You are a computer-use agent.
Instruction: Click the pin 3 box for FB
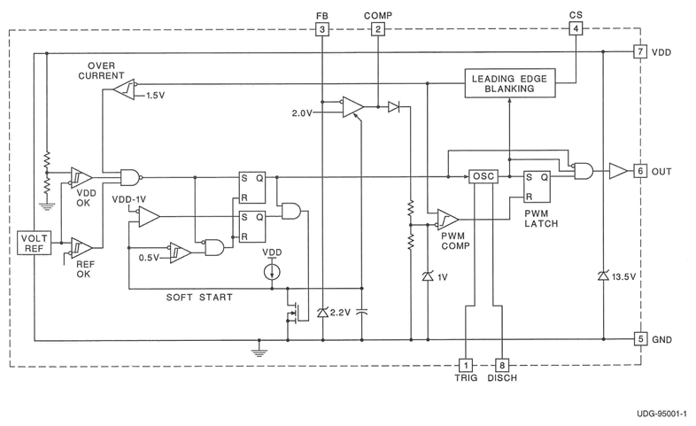click(x=322, y=29)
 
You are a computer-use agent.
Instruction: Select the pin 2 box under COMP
click(x=378, y=29)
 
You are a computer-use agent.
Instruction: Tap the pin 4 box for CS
click(x=576, y=29)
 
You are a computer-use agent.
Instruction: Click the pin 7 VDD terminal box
click(x=640, y=52)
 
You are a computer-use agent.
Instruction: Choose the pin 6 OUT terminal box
click(x=640, y=171)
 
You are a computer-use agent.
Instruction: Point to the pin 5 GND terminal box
click(x=640, y=338)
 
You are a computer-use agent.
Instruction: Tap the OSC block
click(x=483, y=176)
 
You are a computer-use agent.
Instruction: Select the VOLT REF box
click(x=33, y=243)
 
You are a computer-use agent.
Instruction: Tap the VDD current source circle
click(x=273, y=271)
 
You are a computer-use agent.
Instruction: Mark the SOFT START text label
click(x=199, y=298)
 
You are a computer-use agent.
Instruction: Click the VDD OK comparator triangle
click(x=81, y=176)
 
